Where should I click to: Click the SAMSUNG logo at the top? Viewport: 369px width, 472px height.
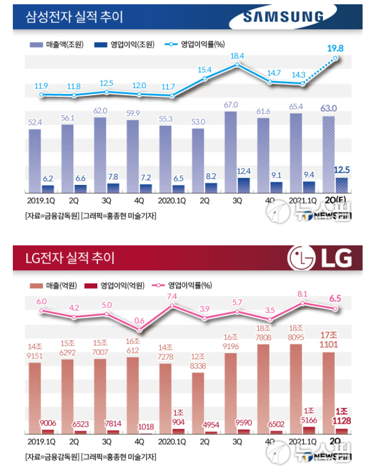283,17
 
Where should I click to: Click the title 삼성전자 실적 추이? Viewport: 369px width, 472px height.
74,17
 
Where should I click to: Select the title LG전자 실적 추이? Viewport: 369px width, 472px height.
70,258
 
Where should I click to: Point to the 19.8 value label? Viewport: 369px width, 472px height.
335,48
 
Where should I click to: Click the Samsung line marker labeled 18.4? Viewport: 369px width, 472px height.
237,65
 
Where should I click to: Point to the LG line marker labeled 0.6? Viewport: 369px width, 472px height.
139,330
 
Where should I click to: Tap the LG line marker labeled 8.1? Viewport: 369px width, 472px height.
303,303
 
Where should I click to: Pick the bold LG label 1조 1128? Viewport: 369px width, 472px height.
341,416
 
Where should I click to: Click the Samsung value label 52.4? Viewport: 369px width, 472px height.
35,122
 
